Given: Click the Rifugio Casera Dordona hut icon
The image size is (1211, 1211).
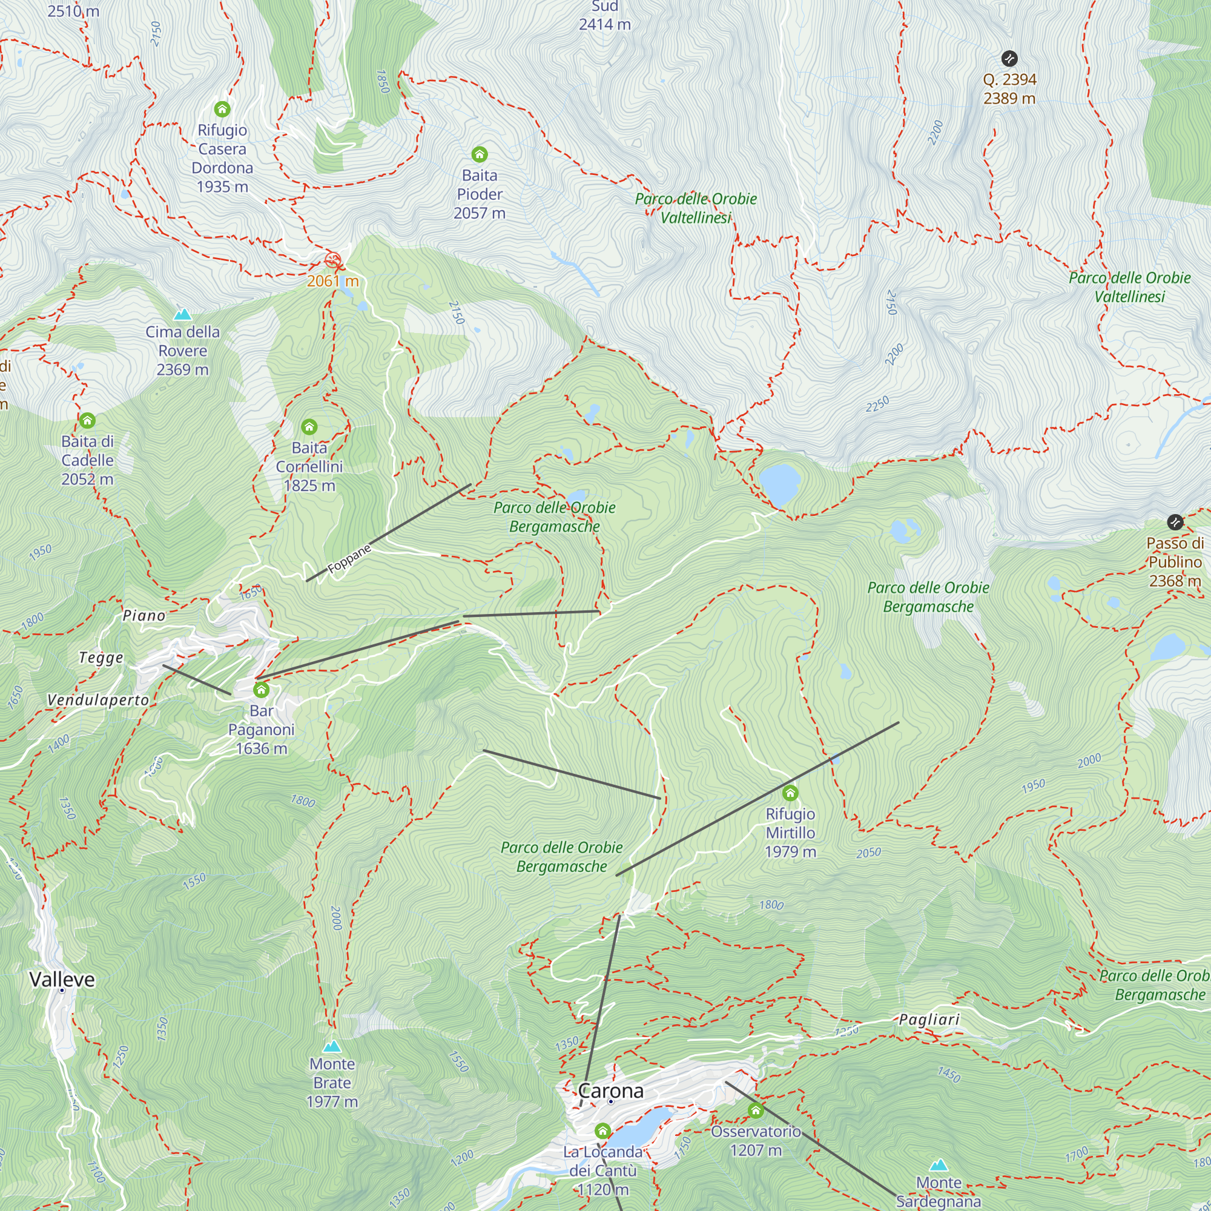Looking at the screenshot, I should (222, 110).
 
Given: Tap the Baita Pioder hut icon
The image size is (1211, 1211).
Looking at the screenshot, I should (480, 154).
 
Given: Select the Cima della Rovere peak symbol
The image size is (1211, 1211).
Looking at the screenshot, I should (182, 314).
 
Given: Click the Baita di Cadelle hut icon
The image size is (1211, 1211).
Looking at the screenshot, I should (88, 420).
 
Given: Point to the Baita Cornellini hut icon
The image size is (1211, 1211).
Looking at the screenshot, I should (309, 427).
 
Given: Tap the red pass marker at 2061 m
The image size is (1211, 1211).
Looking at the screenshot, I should (333, 260).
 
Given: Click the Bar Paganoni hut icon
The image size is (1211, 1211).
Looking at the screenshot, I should (262, 690).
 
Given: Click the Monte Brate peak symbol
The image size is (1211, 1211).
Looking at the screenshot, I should (332, 1046).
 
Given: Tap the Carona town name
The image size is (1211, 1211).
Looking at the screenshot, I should (610, 1091).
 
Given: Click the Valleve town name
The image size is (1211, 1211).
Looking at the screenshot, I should (62, 980).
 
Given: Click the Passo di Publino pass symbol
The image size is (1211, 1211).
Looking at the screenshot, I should (1175, 522).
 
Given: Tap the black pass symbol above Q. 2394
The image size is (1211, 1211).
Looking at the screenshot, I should (1009, 59).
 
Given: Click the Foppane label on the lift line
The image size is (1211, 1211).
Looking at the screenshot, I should (349, 558).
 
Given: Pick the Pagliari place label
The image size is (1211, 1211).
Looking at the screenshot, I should (929, 1020).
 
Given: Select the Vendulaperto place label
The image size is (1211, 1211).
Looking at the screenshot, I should (99, 701).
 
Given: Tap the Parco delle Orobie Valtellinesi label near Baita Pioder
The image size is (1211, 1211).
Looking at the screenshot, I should (696, 208).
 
